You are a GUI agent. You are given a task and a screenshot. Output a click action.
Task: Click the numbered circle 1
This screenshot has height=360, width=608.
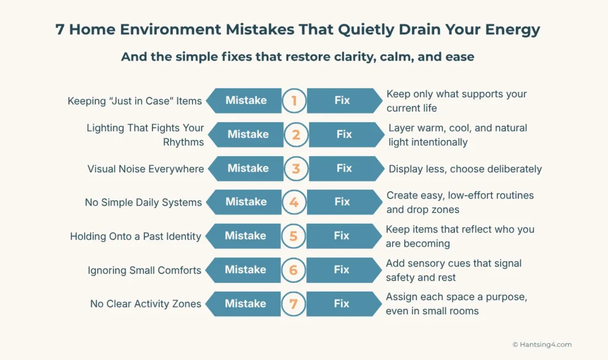[293, 101]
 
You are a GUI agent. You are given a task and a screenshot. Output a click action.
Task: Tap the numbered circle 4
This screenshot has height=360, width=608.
[293, 202]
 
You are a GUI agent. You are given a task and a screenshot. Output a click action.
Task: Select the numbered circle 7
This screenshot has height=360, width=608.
[293, 304]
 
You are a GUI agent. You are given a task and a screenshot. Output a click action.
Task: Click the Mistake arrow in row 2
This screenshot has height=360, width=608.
[246, 134]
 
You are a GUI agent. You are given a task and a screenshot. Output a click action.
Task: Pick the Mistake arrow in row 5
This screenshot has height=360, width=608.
[244, 236]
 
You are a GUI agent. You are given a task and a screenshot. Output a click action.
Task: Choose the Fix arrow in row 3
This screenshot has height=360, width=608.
[345, 168]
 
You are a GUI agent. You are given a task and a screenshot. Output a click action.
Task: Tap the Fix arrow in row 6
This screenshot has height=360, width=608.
[343, 270]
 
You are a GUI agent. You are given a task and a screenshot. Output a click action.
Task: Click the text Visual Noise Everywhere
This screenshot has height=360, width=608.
[145, 169]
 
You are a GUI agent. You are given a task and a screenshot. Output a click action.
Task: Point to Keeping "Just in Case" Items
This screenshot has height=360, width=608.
[135, 101]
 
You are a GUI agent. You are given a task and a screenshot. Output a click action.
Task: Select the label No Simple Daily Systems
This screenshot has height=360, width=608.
[143, 203]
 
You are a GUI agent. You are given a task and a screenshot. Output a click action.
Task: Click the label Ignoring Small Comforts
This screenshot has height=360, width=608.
[144, 270]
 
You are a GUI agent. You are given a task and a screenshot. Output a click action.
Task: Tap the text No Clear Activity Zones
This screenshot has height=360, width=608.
[145, 304]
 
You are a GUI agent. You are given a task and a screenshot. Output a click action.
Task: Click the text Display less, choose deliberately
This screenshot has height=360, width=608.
[465, 169]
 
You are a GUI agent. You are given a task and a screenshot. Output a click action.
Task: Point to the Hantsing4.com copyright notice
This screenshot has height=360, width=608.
[541, 345]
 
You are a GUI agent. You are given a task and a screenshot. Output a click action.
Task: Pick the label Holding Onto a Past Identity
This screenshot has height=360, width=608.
[135, 236]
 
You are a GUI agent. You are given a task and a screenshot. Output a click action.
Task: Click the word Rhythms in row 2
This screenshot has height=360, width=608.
[183, 142]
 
